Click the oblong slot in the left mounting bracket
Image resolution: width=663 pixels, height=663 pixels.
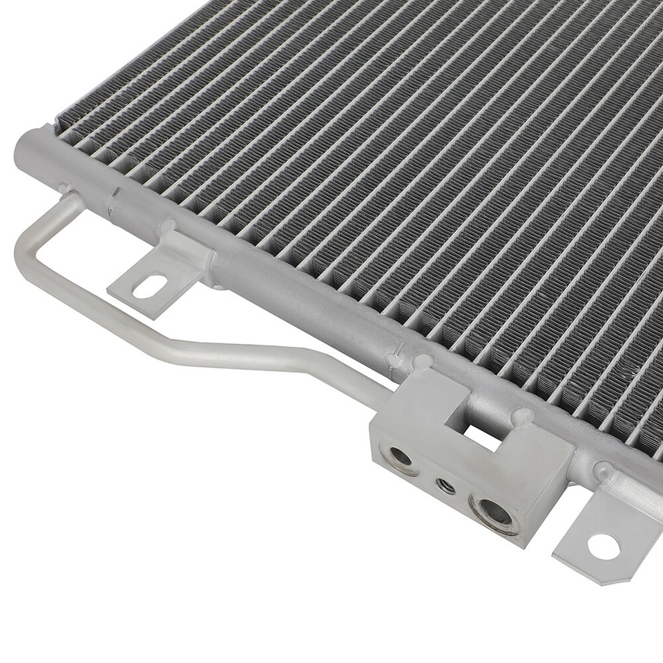(149, 286)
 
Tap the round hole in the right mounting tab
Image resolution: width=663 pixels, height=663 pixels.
(604, 546)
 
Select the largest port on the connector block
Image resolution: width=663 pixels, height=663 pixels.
(493, 512)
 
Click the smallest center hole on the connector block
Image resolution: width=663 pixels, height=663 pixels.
(446, 486)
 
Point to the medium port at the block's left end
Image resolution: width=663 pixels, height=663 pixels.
(401, 457)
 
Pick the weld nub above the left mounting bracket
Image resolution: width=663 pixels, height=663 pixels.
(168, 227)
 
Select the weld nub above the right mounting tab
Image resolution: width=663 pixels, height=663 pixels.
(604, 472)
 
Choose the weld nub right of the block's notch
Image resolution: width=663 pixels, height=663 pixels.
(523, 416)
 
